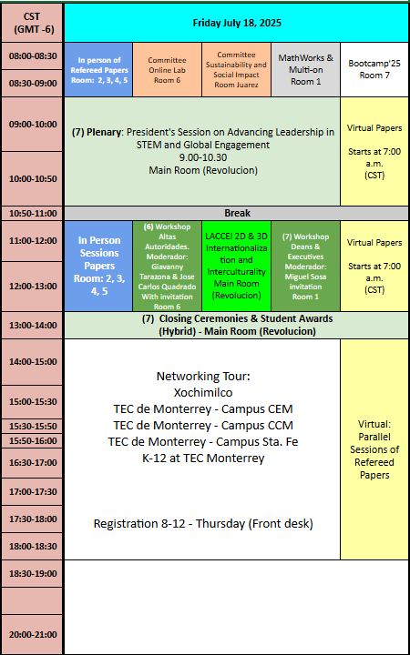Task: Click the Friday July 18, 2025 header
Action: point(236,23)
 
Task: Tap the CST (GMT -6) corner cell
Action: point(32,23)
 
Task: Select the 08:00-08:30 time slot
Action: point(32,55)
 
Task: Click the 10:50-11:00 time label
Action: point(32,214)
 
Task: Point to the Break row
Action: point(236,214)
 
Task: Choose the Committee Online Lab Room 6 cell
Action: point(167,70)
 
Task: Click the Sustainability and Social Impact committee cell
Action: point(236,70)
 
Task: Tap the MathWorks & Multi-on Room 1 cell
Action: point(306,70)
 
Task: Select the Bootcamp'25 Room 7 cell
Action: point(374,70)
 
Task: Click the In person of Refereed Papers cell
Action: point(98,70)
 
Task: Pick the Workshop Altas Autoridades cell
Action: point(167,266)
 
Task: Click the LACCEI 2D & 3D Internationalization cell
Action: point(236,266)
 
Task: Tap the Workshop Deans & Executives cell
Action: point(306,266)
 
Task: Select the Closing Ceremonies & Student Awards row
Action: point(236,325)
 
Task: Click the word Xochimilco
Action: point(203,393)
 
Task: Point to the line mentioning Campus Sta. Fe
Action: point(203,441)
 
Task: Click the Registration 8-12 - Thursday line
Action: point(203,523)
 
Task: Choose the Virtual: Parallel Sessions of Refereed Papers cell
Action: point(374,449)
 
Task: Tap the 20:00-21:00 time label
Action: point(32,635)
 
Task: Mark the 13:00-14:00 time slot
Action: point(32,325)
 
